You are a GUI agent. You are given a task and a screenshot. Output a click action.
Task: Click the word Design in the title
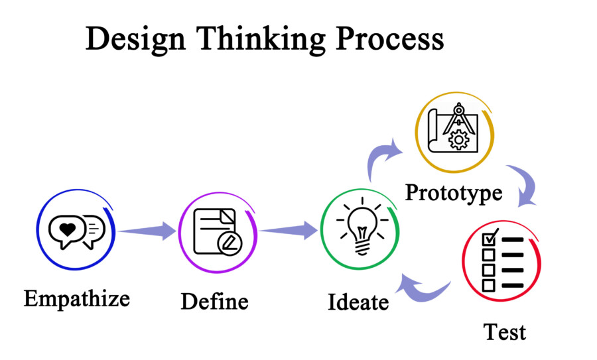point(135,40)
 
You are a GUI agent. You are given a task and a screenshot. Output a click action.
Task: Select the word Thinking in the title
point(261,40)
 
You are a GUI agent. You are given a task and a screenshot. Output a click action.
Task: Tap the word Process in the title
point(390,38)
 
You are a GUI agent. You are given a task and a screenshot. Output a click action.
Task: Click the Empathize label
point(77,299)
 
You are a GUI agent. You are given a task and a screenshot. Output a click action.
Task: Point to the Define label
point(214,302)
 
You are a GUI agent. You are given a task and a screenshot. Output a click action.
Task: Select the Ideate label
point(358,302)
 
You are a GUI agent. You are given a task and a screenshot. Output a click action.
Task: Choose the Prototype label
point(454,193)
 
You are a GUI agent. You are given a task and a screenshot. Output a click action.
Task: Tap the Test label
point(505,332)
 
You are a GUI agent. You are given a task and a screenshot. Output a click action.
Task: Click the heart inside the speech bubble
point(68,229)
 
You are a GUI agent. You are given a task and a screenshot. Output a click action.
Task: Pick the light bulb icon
point(362,227)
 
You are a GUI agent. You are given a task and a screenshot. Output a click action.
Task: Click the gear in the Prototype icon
point(458,140)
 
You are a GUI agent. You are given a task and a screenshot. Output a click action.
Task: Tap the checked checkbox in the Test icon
point(490,237)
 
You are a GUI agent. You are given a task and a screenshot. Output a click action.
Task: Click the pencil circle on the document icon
point(230,243)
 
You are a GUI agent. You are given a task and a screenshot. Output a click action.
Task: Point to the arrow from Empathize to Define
point(147,231)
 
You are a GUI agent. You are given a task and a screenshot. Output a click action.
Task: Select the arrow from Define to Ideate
point(289,230)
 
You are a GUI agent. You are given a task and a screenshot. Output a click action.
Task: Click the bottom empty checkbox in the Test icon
point(489,285)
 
